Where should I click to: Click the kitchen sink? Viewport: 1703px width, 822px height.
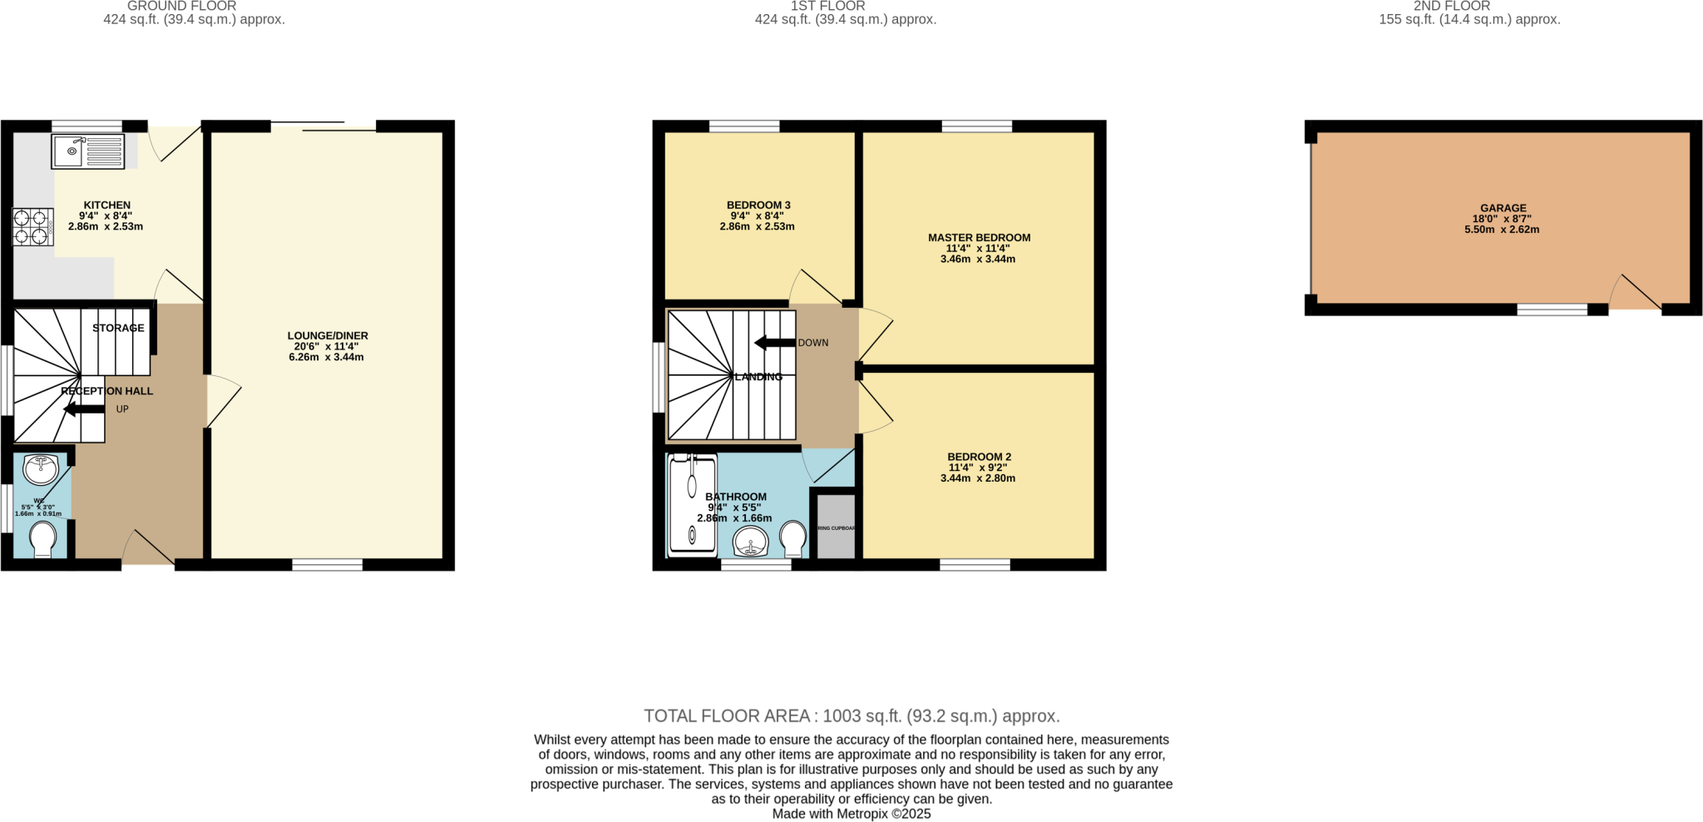coord(88,151)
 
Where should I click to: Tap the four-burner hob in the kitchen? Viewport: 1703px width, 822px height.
coord(32,227)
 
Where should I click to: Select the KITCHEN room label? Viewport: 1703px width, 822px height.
coord(107,205)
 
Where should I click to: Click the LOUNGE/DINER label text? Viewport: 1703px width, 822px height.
coord(328,335)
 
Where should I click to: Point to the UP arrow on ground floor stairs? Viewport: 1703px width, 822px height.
coord(84,409)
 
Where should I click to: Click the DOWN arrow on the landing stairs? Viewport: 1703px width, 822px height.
coord(774,343)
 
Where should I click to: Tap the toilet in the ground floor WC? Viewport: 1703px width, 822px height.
coord(43,539)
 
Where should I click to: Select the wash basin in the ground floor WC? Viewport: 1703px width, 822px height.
coord(40,468)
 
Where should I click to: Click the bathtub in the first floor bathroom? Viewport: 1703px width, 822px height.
coord(693,505)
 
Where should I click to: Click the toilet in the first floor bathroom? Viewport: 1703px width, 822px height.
coord(794,538)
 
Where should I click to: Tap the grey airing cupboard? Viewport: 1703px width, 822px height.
coord(836,527)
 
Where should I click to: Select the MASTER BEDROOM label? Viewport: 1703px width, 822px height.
coord(979,237)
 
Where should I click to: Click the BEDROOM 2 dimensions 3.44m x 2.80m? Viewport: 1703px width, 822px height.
coord(978,478)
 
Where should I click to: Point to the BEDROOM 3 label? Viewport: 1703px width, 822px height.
coord(758,205)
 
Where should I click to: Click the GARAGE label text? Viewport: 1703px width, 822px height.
coord(1503,208)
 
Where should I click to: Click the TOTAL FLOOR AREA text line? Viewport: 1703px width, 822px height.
coord(851,716)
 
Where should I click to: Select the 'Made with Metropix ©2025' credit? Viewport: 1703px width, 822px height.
coord(851,814)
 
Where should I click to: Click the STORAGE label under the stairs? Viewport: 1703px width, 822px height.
coord(118,328)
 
